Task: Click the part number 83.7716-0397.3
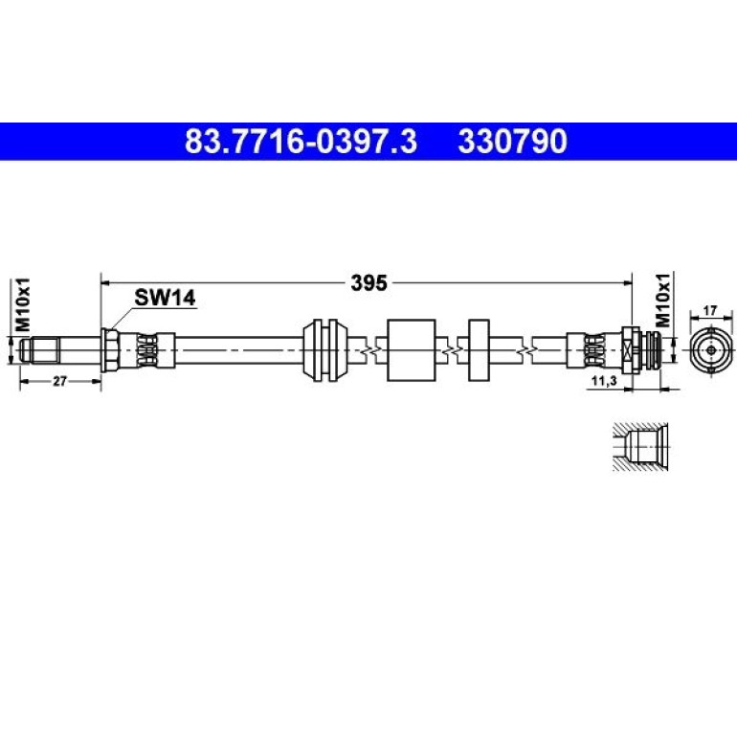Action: coord(301,142)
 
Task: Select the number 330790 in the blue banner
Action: coord(513,142)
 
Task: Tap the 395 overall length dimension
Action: coord(368,283)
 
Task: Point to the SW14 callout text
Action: coord(165,298)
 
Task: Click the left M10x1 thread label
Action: coord(23,304)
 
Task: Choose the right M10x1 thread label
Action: coord(662,300)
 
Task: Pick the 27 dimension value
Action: coord(59,381)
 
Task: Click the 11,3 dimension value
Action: coord(604,381)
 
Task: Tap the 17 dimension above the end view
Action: coord(710,311)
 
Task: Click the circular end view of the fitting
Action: coord(711,350)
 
